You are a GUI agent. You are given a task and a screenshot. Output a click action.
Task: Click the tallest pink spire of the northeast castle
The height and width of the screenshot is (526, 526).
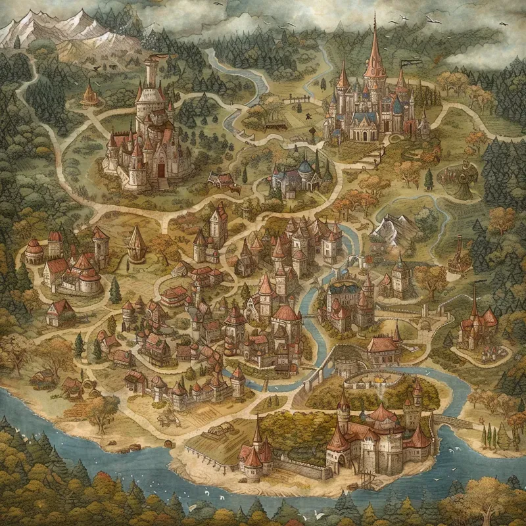(x=375, y=53)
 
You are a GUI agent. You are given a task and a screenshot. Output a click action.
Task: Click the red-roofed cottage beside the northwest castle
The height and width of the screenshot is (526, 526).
(x=222, y=179)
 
